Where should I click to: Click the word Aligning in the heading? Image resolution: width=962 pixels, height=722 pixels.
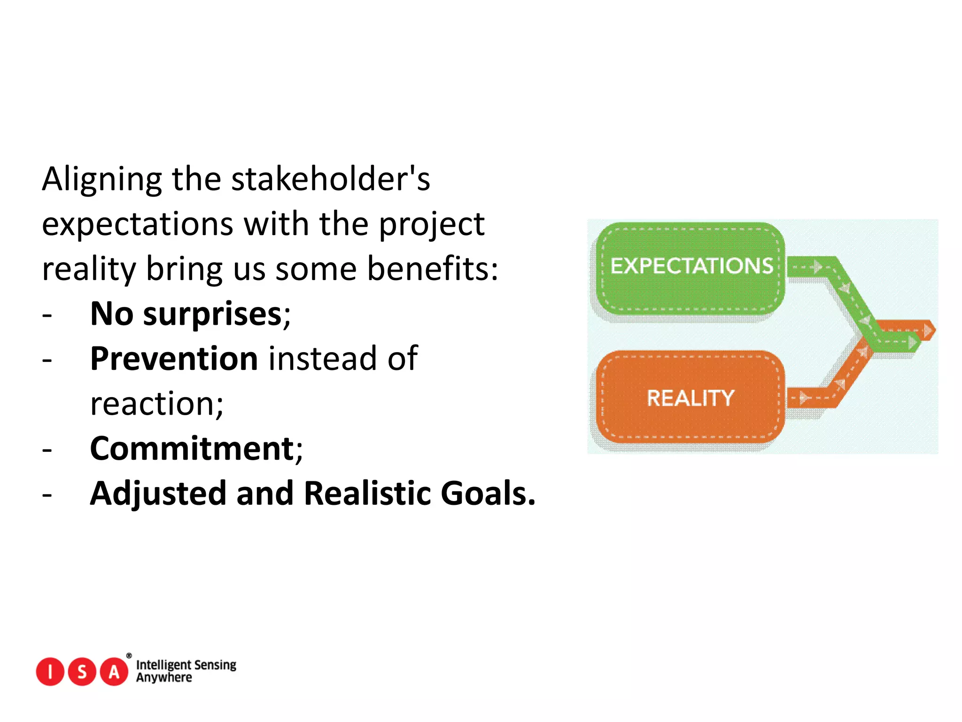coord(101,180)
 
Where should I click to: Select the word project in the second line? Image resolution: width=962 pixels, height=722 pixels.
coord(431,224)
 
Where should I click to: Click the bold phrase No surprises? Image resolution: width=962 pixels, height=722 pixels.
coord(186,314)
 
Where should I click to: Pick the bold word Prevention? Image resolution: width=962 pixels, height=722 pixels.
coord(174,359)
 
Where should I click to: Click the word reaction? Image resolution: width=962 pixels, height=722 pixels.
coord(157,404)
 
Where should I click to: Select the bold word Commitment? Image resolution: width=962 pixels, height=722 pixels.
coord(192,448)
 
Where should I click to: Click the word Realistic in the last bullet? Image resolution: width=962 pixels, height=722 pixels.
coord(367,494)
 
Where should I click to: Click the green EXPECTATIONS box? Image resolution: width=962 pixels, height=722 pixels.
coord(690,268)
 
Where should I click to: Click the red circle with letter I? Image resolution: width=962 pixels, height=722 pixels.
coord(50,672)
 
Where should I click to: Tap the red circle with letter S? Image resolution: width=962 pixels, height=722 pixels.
coord(82,672)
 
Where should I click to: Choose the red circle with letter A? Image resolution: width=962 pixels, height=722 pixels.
coord(114,672)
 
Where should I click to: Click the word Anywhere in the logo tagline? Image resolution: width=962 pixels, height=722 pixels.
coord(164,678)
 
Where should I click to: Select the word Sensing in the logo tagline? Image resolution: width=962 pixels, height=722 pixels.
coord(215,665)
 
